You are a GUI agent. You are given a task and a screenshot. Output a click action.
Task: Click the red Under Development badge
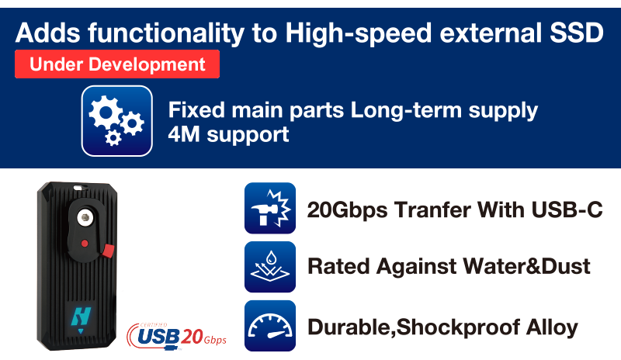[117, 64]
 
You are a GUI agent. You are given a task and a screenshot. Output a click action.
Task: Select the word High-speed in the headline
[358, 33]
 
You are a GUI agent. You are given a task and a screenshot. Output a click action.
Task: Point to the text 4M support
[228, 135]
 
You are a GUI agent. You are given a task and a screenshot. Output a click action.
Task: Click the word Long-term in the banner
[406, 110]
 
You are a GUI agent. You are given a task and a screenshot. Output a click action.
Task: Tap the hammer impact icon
[270, 208]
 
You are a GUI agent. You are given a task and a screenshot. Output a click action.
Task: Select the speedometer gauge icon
[270, 326]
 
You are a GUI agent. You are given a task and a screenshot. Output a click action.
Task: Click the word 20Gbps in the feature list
[347, 210]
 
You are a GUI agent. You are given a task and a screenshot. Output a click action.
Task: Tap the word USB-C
[567, 209]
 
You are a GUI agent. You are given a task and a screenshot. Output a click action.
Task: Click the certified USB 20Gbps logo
[177, 337]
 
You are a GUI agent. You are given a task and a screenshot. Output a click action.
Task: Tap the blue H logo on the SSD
[82, 318]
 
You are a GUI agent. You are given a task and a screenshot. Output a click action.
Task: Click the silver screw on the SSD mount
[84, 217]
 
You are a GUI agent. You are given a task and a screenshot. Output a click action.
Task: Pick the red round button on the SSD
[85, 244]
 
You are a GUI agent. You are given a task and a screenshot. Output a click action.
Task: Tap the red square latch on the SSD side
[108, 251]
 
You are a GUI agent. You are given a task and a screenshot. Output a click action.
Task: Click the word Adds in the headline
[47, 33]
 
